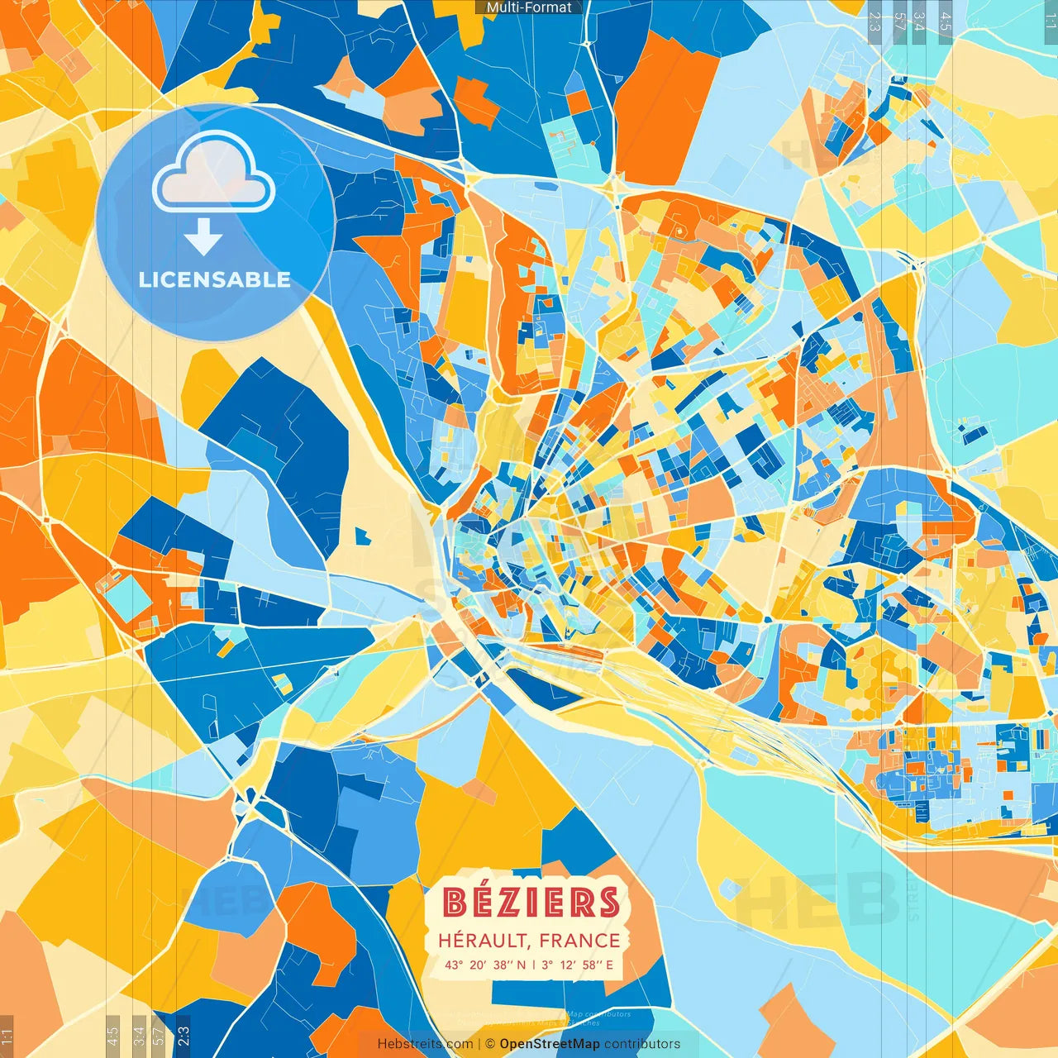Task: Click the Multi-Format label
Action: coord(529,7)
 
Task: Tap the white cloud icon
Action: coord(214,174)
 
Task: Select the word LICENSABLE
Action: coord(215,279)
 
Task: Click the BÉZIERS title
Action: coord(531,903)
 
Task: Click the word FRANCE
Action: coord(580,941)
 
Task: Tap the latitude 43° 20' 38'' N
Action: coord(484,965)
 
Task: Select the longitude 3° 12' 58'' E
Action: coord(578,965)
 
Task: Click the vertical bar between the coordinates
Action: coord(533,965)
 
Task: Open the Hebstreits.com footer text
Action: coord(425,1044)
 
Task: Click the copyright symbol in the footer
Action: coord(489,1044)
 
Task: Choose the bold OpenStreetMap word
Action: coord(549,1044)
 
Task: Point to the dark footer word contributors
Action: coord(642,1044)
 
